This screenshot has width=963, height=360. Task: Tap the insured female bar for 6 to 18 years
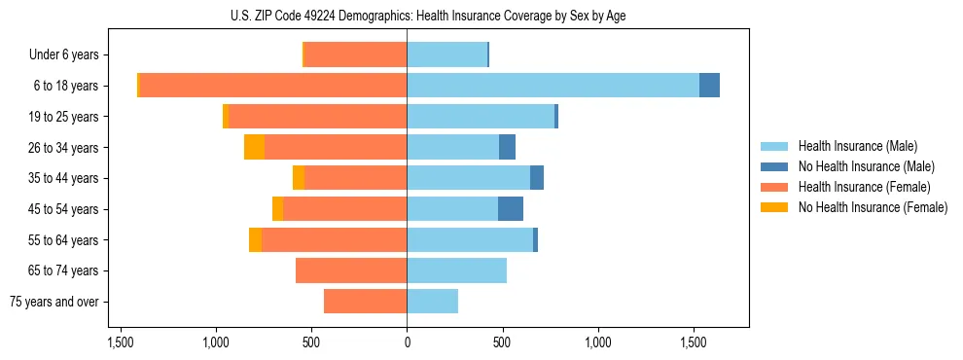pyautogui.click(x=273, y=86)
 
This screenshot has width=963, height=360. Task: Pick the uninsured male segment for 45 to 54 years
pyautogui.click(x=511, y=209)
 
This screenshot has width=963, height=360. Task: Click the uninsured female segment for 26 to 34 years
pyautogui.click(x=254, y=147)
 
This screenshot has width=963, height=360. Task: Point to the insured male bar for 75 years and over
pyautogui.click(x=432, y=302)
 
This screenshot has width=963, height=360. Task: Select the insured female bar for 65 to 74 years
pyautogui.click(x=351, y=270)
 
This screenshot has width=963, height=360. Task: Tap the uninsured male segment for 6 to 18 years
pyautogui.click(x=709, y=86)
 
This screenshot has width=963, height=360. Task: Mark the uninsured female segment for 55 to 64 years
pyautogui.click(x=255, y=239)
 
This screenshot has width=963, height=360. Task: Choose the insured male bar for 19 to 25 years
pyautogui.click(x=481, y=117)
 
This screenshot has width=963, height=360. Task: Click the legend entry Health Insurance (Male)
pyautogui.click(x=857, y=146)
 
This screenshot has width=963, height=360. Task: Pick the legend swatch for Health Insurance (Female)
pyautogui.click(x=775, y=187)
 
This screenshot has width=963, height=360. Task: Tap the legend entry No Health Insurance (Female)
pyautogui.click(x=873, y=207)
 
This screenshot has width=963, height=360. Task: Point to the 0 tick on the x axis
pyautogui.click(x=407, y=343)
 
